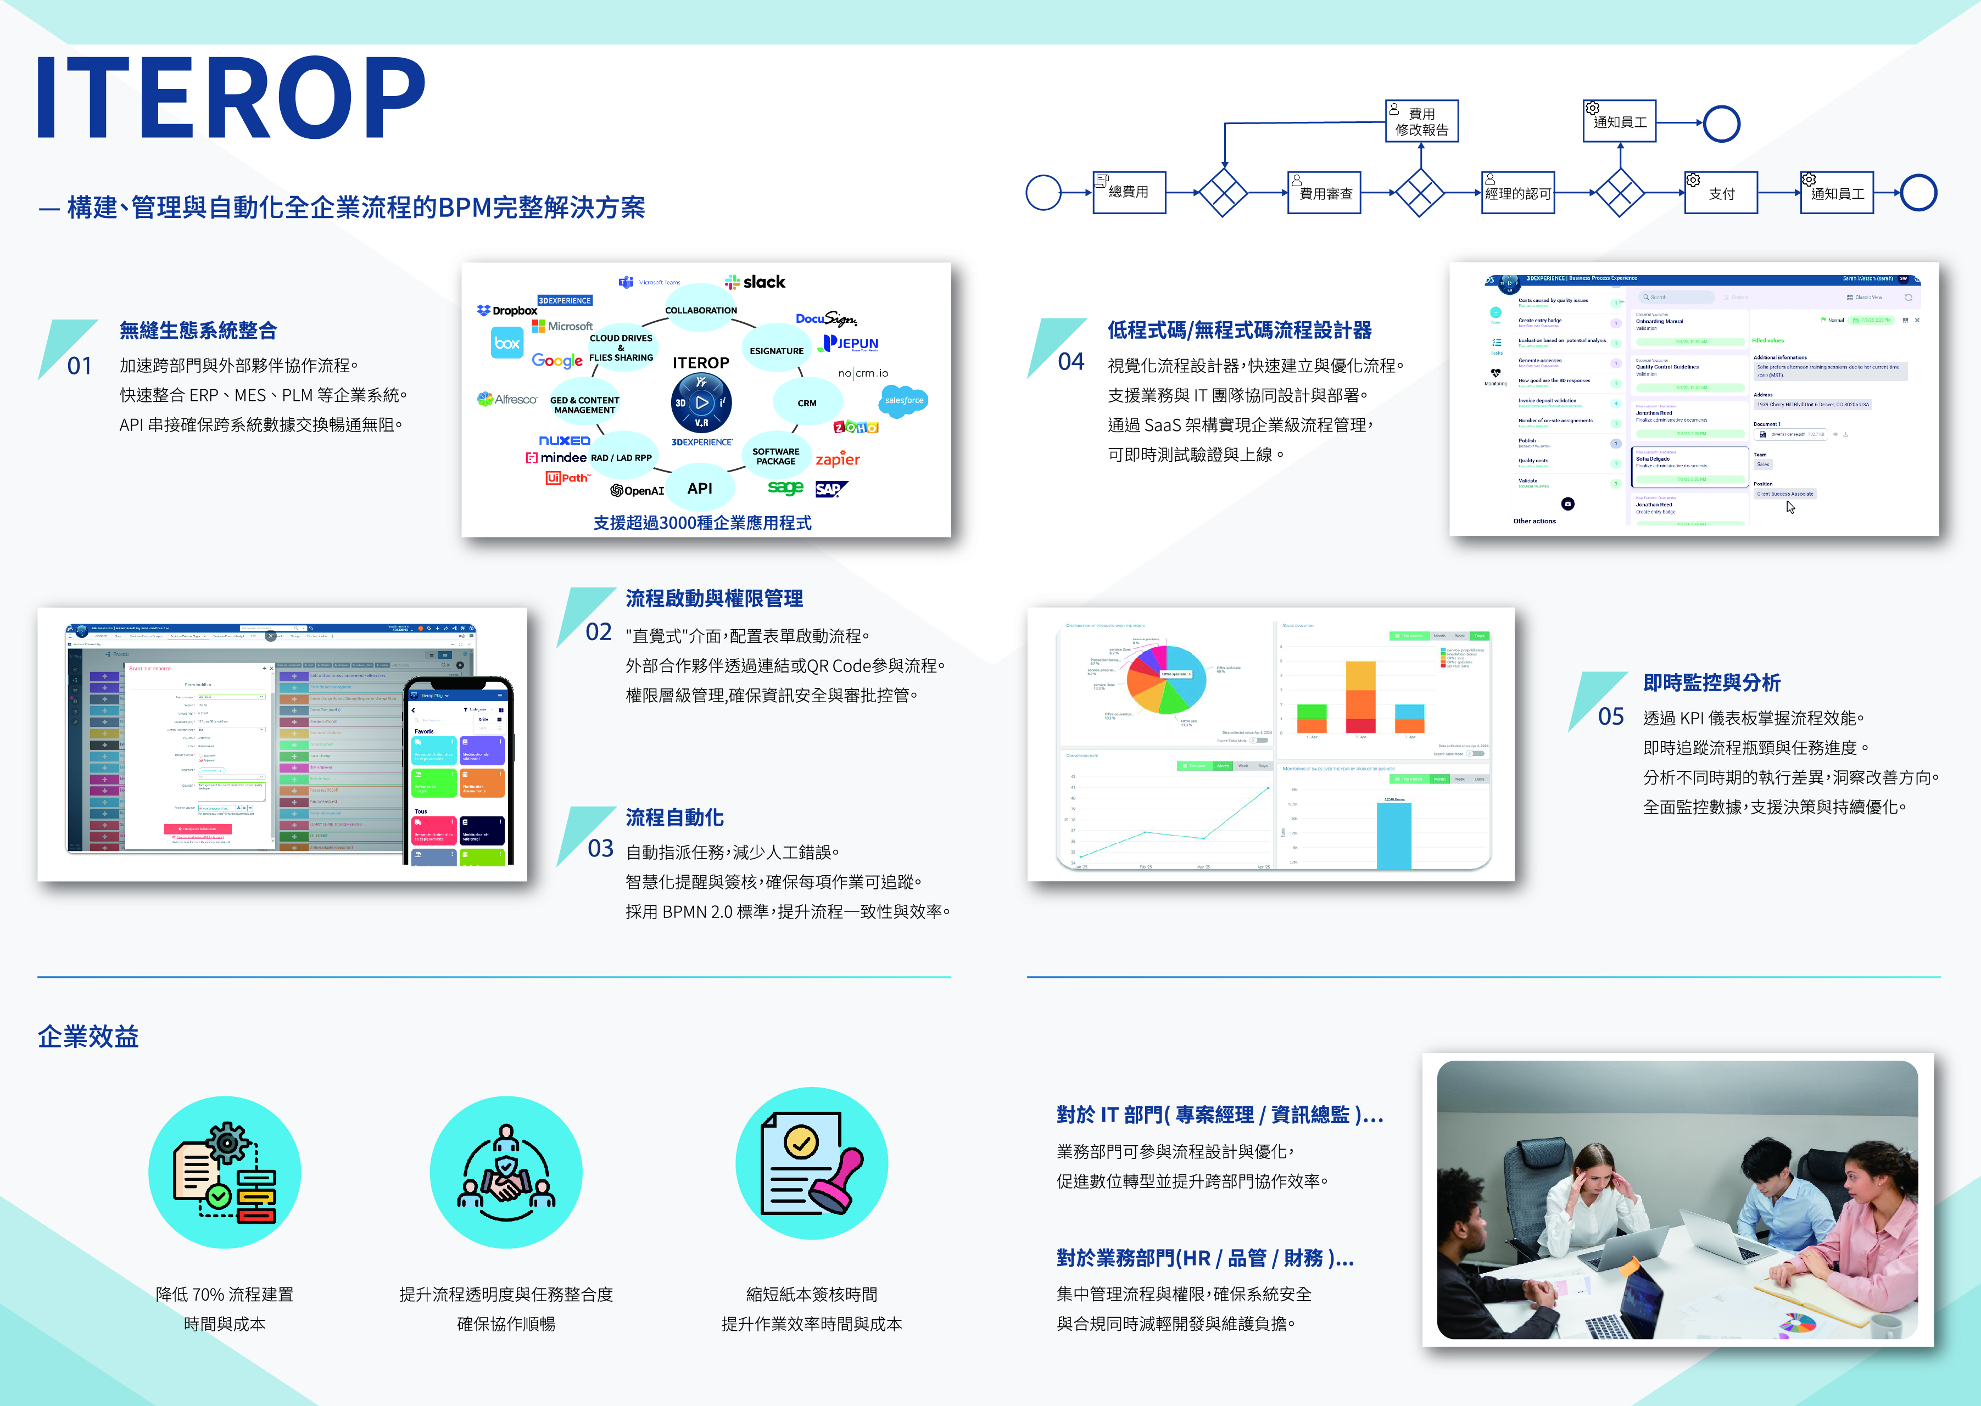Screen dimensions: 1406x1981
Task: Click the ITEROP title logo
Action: (230, 97)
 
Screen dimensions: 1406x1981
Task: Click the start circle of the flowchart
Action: (1043, 192)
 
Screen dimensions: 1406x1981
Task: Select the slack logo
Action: (755, 282)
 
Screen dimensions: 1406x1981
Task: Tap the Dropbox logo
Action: (507, 310)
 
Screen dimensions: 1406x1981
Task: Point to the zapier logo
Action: (837, 459)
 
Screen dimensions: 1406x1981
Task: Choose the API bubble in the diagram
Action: (700, 488)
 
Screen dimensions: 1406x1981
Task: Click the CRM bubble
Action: (806, 402)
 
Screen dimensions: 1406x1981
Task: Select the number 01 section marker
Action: (79, 365)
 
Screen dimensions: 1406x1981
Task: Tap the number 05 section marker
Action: (1610, 716)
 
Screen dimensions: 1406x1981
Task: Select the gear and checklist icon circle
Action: (224, 1172)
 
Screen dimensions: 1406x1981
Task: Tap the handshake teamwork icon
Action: (506, 1172)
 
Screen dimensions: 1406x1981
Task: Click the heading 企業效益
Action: (87, 1037)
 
